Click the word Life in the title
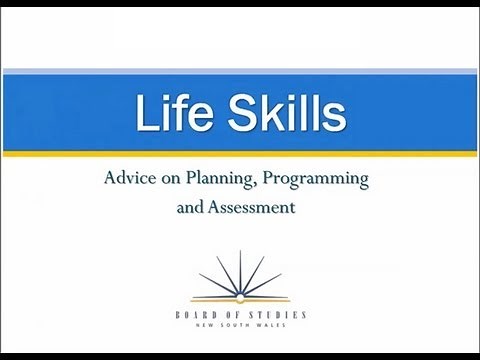tap(169, 114)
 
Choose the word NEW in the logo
tap(212, 326)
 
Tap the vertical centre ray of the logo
tap(240, 270)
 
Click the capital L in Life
tap(146, 114)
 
